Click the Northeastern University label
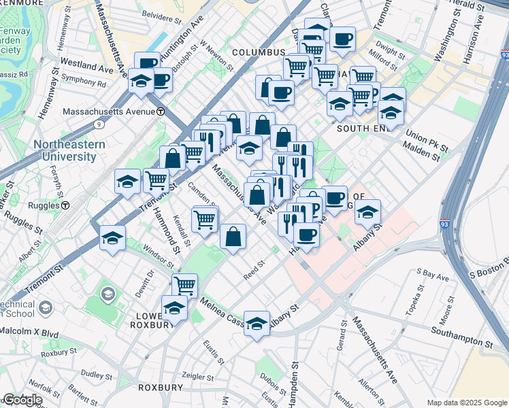[65, 150]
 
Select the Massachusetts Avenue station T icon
[161, 111]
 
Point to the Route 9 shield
[99, 124]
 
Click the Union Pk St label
[424, 141]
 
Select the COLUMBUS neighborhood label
[258, 52]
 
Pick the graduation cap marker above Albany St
[257, 324]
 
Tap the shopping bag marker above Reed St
[233, 237]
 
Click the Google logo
[22, 400]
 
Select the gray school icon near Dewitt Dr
[108, 294]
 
